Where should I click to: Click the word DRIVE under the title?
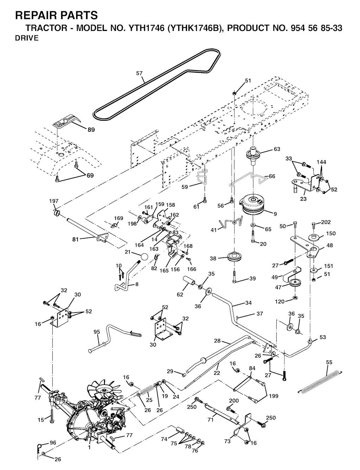27,38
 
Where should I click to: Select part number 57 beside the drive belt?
139,73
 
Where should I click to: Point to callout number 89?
91,130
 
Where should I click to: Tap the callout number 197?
54,201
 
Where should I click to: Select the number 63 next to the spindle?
277,149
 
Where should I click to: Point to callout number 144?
321,162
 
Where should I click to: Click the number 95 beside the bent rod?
97,332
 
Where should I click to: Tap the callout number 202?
326,222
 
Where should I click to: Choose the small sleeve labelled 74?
180,431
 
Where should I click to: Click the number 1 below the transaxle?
89,448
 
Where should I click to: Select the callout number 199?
273,396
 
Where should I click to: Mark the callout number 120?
279,302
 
